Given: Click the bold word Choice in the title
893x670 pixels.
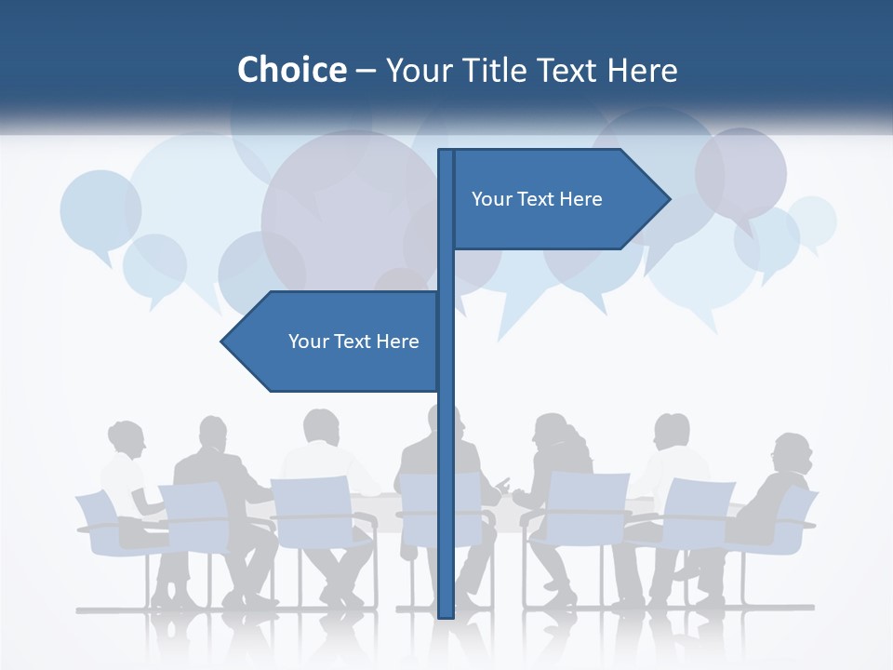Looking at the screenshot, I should pos(291,71).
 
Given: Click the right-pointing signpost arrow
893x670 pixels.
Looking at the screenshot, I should pos(558,199).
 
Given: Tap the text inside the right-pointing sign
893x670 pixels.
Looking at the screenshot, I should pos(537,199).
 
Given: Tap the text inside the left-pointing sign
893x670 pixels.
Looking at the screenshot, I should pos(353,342).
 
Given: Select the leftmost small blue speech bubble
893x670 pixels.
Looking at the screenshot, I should pos(100,210).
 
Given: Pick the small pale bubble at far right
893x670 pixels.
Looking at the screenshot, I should pos(811,221).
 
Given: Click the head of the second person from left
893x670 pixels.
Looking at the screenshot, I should pos(213,433).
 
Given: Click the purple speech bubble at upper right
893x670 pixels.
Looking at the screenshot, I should pos(740,172).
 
